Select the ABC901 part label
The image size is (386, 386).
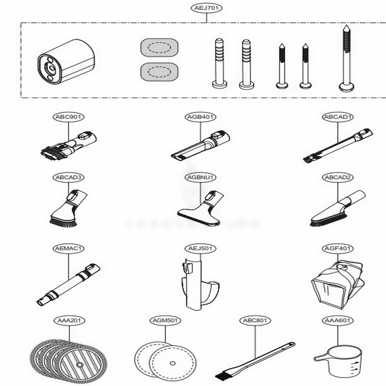pyautogui.click(x=68, y=117)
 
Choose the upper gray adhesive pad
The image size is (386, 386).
pyautogui.click(x=159, y=47)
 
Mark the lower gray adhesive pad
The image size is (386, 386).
pyautogui.click(x=159, y=72)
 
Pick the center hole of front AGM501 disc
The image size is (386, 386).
pyautogui.click(x=173, y=363)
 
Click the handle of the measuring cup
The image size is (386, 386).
pyautogui.click(x=318, y=359)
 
